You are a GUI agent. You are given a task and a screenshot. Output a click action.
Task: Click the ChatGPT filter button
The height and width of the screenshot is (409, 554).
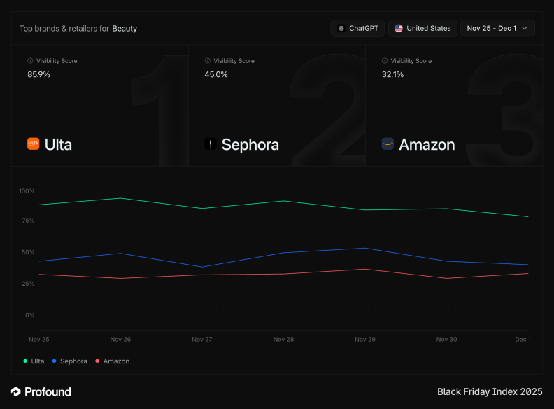click(x=357, y=28)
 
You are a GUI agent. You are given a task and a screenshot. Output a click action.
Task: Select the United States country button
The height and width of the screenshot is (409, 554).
click(x=422, y=28)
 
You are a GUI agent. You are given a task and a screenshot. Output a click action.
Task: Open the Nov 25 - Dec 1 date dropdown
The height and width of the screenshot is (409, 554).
click(x=497, y=28)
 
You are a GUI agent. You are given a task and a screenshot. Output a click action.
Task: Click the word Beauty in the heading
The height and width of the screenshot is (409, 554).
click(x=125, y=29)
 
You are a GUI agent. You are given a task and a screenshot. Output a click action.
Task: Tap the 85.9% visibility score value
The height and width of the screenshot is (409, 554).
click(x=38, y=74)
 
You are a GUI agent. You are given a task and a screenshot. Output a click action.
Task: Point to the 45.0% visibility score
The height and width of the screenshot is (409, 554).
click(x=216, y=74)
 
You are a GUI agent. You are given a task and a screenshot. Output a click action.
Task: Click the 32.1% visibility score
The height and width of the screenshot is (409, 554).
click(x=392, y=74)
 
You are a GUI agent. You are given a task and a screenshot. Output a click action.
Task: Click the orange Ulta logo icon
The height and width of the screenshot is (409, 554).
click(x=33, y=144)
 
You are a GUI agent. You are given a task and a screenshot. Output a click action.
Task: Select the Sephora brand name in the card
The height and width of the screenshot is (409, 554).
click(x=250, y=145)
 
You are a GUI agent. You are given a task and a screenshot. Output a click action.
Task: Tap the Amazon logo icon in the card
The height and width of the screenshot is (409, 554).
click(x=388, y=144)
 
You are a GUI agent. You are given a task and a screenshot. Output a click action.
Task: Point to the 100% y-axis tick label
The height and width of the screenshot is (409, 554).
click(x=27, y=191)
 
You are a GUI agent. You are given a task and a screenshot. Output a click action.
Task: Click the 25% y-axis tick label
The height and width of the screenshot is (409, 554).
click(x=28, y=284)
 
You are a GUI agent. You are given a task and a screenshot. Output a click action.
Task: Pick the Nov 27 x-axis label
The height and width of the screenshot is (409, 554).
click(x=201, y=340)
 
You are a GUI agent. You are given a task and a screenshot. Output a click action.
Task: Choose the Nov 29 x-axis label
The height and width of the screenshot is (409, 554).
click(x=364, y=340)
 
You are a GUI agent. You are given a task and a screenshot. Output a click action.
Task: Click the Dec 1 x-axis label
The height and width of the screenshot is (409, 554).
click(x=523, y=340)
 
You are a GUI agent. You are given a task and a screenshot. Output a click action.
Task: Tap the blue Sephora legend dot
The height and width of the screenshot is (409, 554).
click(x=55, y=361)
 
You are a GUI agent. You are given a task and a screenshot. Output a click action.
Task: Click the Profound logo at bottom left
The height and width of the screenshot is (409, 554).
click(x=41, y=391)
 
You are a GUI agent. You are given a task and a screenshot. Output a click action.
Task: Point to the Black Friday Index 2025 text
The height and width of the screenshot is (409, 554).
click(x=490, y=391)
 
